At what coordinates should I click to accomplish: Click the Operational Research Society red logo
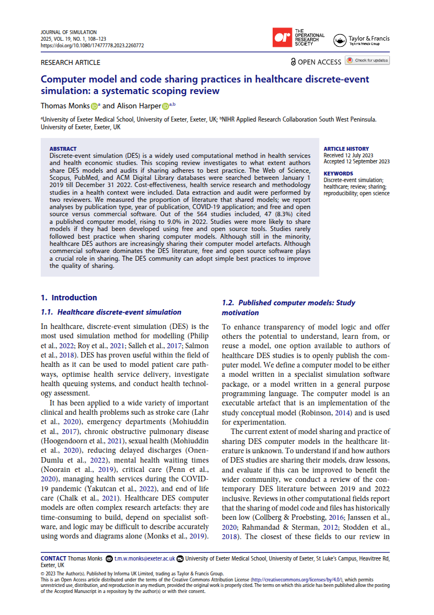pos(283,38)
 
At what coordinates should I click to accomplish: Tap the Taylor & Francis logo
pos(361,40)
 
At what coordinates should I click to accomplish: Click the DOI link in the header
pos(93,46)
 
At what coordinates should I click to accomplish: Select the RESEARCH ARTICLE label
pos(70,62)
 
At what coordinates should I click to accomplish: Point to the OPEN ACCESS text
pos(319,62)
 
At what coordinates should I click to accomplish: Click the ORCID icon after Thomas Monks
pos(94,106)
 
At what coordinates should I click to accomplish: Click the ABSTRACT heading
pos(63,149)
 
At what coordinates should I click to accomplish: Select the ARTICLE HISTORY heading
pos(346,149)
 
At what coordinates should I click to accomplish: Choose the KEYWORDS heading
pos(339,173)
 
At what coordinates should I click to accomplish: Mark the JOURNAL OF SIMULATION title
pos(69,32)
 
